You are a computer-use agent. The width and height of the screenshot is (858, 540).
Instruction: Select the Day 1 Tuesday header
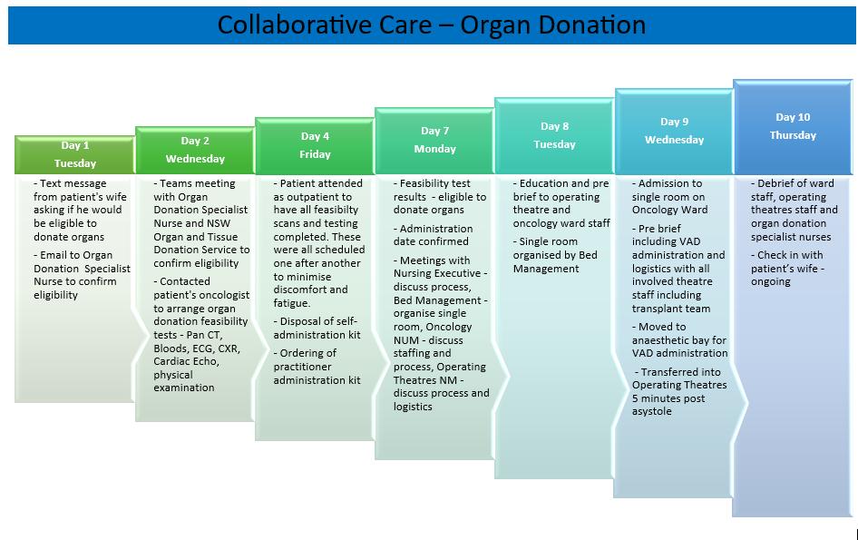pos(74,154)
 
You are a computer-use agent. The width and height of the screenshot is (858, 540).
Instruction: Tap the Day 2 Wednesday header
pos(194,150)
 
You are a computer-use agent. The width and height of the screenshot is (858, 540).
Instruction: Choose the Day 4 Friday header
pos(315,145)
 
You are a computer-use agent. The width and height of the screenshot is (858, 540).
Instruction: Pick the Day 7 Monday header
pos(434,140)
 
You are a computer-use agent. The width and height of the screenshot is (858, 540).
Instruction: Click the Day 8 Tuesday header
pos(554,135)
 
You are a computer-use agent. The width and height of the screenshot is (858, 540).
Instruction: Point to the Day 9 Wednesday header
pos(674,131)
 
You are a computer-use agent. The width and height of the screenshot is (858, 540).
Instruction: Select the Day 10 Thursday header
pos(793,126)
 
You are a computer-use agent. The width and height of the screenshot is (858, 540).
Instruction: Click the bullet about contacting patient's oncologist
pos(194,334)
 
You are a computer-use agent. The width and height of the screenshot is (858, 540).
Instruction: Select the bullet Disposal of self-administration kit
pos(316,328)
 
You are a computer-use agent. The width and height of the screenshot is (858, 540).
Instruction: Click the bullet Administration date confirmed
pos(434,235)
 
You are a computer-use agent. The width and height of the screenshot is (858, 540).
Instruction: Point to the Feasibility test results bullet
pos(439,196)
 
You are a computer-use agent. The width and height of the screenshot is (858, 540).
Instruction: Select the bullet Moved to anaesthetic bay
pos(678,339)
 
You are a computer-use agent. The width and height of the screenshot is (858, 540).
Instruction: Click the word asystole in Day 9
pos(653,411)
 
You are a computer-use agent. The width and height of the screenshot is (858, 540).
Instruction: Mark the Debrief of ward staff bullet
pos(795,210)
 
